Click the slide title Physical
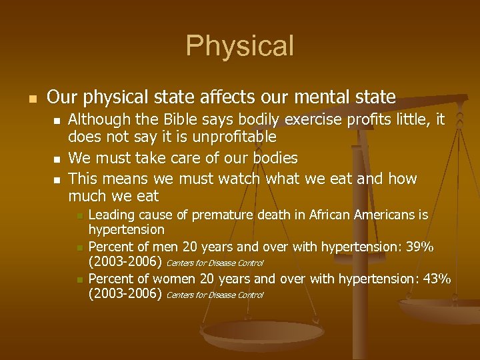239,46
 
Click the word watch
241,179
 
